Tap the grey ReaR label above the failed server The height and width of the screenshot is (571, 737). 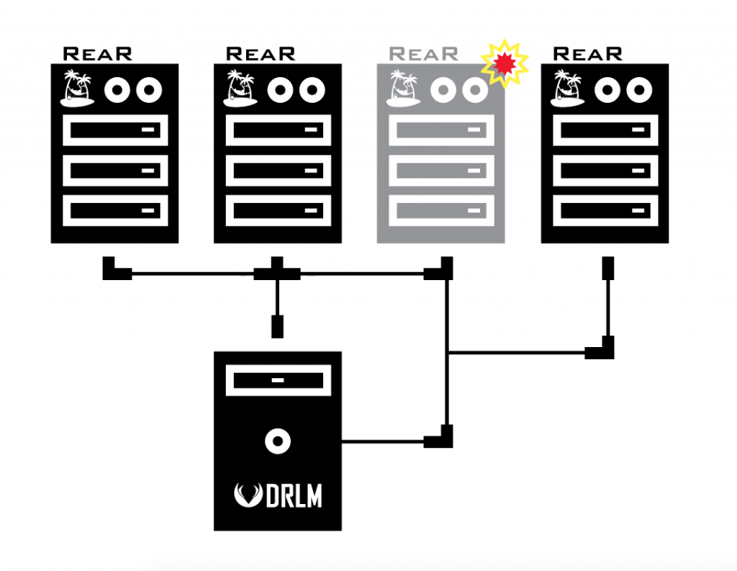(x=423, y=54)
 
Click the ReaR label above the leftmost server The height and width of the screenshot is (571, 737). (x=98, y=54)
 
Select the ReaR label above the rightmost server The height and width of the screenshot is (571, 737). (x=587, y=54)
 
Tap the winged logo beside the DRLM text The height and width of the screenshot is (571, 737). (x=249, y=495)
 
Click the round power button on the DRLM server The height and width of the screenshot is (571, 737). (x=277, y=441)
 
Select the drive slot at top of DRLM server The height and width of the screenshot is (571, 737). (x=278, y=379)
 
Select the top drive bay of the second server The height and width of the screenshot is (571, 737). (x=278, y=130)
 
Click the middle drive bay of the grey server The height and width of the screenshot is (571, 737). (x=441, y=170)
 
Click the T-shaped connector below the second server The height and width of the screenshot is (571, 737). (x=277, y=271)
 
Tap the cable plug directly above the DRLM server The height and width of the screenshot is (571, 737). (x=276, y=325)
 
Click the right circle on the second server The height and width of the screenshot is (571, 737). (x=312, y=90)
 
